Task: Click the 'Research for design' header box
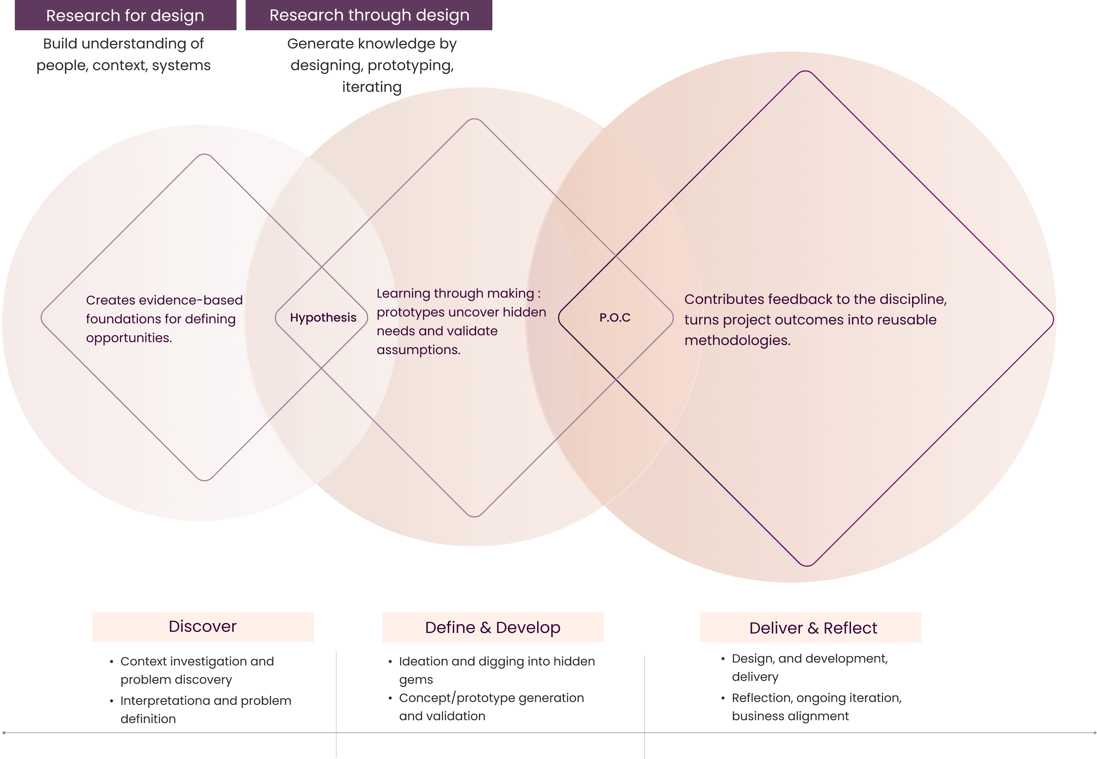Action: click(125, 15)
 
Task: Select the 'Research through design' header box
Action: click(369, 15)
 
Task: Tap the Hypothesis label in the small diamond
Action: click(323, 318)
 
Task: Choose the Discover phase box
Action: click(203, 627)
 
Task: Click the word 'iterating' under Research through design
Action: click(372, 87)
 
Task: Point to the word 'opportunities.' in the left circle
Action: click(129, 338)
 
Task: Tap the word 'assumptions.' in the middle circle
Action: click(418, 350)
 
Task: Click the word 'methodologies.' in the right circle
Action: click(737, 340)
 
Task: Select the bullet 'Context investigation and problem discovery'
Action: click(197, 670)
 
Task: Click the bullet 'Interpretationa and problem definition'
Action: click(205, 710)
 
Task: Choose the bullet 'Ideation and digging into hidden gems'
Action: click(497, 670)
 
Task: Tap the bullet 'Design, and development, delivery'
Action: click(810, 667)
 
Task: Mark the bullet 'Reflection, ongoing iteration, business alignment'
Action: click(816, 707)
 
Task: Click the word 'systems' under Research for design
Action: click(181, 66)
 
